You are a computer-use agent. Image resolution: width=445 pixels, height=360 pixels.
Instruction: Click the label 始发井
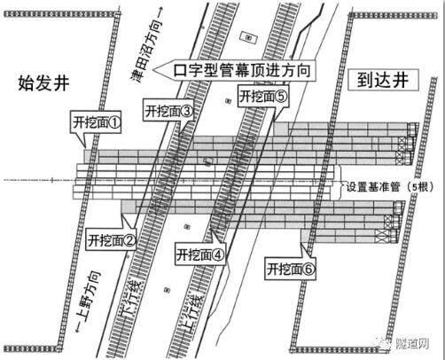[43, 83]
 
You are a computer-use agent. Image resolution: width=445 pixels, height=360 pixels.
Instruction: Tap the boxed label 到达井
[383, 80]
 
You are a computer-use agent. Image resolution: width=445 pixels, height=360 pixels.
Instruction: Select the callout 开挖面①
[96, 122]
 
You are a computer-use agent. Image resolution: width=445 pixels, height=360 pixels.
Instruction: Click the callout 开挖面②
[111, 239]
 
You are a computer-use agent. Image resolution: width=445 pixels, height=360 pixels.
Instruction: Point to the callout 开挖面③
[168, 110]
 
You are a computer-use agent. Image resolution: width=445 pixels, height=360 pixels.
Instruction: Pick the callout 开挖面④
[200, 254]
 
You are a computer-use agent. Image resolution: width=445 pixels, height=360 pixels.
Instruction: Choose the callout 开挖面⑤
[263, 96]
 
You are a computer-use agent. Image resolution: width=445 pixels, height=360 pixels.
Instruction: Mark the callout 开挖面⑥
[290, 269]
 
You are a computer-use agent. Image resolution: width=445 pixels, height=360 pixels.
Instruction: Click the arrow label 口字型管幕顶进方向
[235, 70]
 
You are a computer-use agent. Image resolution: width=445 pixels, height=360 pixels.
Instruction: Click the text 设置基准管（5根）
[390, 187]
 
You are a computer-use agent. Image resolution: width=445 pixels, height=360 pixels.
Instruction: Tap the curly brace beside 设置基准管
[340, 183]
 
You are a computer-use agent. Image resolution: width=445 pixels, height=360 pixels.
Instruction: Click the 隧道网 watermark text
[412, 343]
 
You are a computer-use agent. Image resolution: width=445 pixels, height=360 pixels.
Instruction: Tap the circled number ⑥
[308, 269]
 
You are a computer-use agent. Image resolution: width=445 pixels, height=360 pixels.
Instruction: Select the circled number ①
[114, 122]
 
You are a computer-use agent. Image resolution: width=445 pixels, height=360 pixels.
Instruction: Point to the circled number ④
[218, 254]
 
